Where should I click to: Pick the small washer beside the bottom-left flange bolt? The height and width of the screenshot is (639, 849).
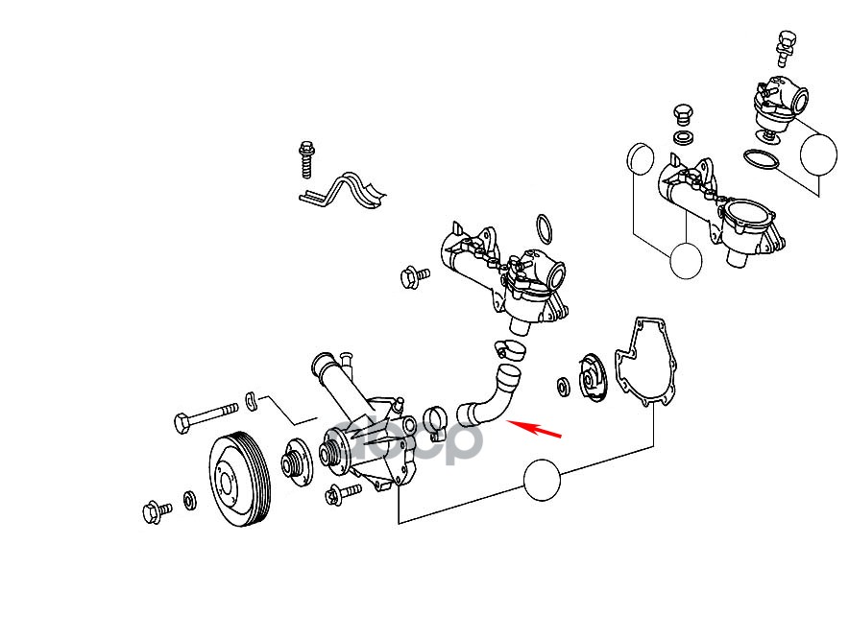189,501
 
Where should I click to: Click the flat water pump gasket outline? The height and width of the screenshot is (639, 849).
649,364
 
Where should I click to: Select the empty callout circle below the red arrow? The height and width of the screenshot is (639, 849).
542,480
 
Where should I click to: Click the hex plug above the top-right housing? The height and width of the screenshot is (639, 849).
684,112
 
